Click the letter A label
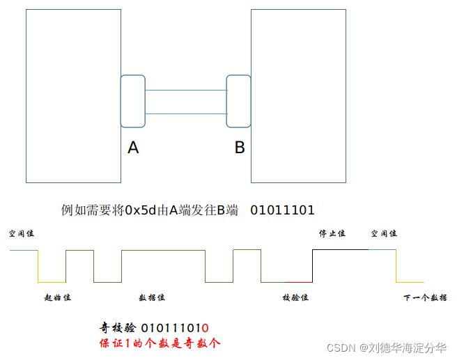[x=133, y=148]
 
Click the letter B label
[x=239, y=148]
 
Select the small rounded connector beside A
[x=133, y=101]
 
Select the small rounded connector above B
[x=239, y=101]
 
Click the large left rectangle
[x=73, y=95]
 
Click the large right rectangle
[x=298, y=95]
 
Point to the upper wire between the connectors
[x=186, y=91]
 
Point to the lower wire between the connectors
[x=186, y=114]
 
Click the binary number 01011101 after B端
[x=282, y=210]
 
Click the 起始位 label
[x=58, y=298]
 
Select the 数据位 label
[x=152, y=298]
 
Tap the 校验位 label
[x=295, y=298]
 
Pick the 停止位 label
[x=332, y=234]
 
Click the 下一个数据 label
[x=425, y=298]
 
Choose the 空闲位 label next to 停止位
[x=384, y=234]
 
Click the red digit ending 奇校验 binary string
[x=206, y=328]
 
